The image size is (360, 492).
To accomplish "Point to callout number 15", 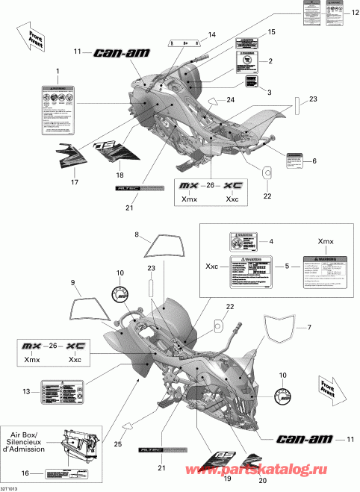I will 272,31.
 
